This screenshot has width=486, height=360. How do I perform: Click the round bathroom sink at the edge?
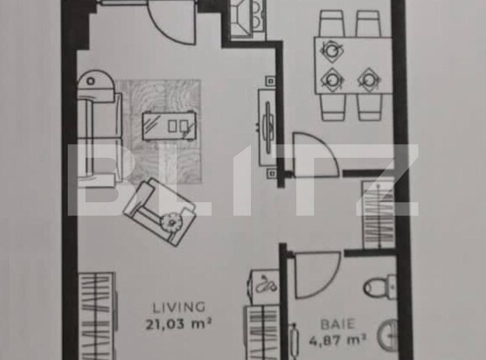(x=387, y=339)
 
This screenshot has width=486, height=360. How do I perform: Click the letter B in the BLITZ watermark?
(x=97, y=180)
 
